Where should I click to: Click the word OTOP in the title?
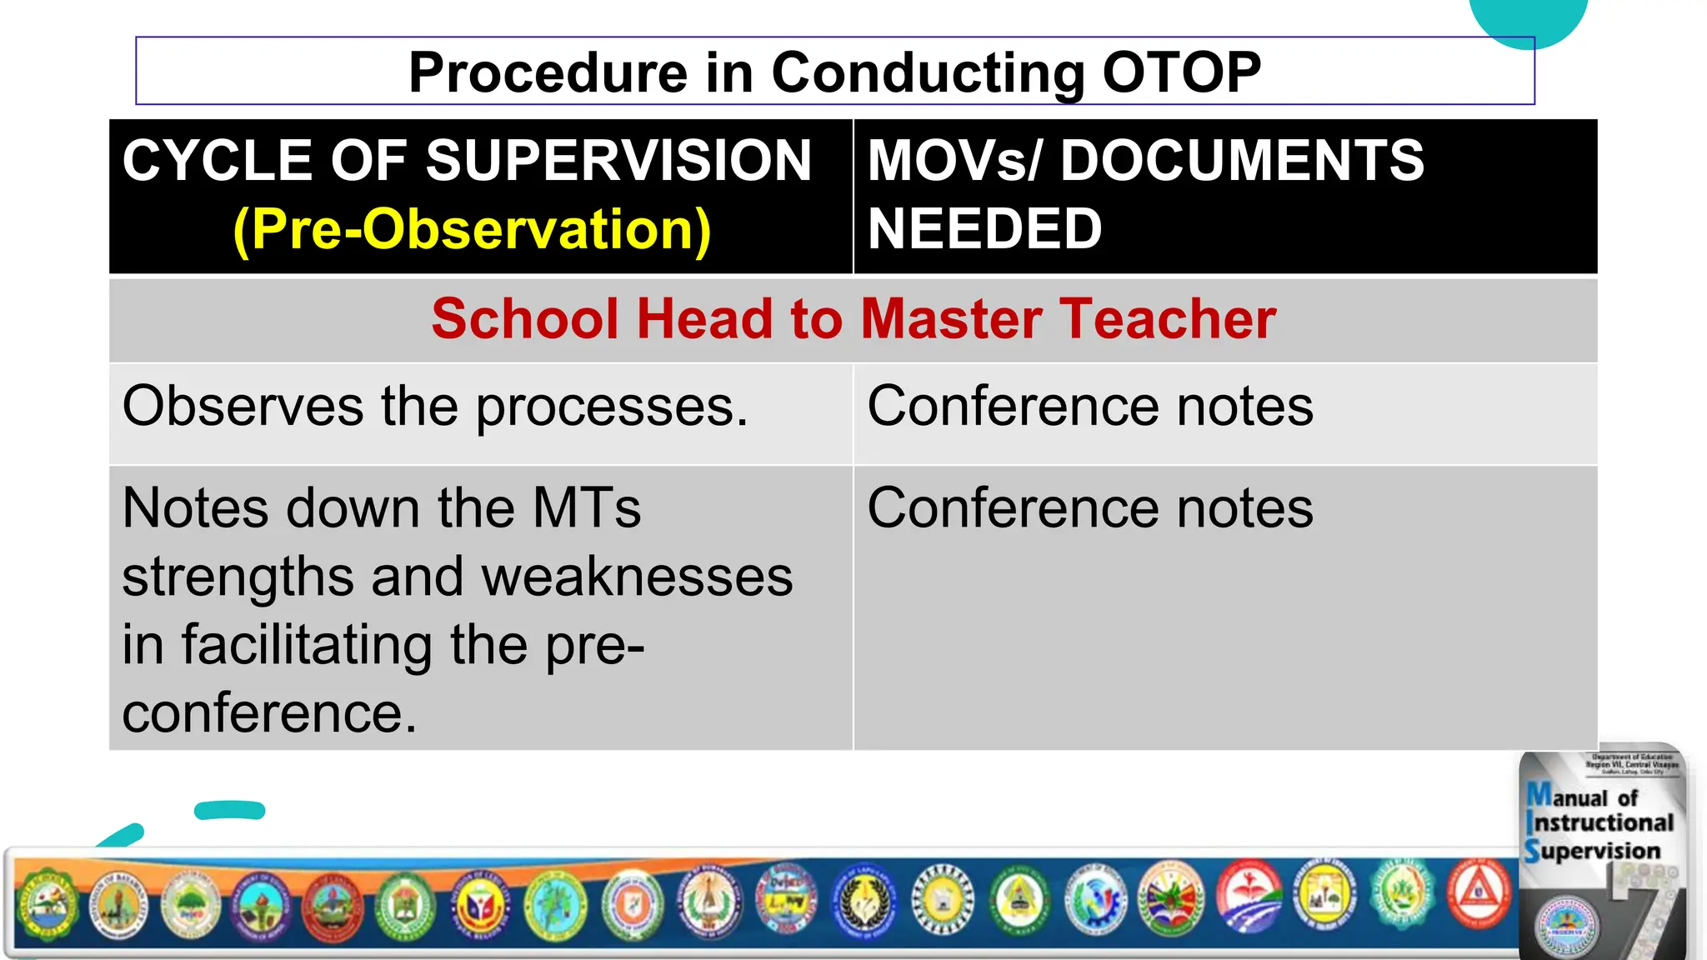(1181, 72)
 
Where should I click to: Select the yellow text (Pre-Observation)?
(472, 229)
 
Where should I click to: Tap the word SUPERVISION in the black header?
(618, 160)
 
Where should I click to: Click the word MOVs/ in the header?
(955, 160)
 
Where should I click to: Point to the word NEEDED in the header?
(984, 229)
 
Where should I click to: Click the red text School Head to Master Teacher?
(853, 319)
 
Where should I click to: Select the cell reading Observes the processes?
(435, 407)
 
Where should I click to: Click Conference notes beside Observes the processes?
(1089, 407)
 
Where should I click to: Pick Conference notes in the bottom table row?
(1089, 508)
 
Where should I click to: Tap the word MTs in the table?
(587, 508)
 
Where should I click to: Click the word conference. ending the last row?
(269, 713)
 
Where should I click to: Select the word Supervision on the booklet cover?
(1593, 851)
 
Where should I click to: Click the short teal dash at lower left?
(229, 810)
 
